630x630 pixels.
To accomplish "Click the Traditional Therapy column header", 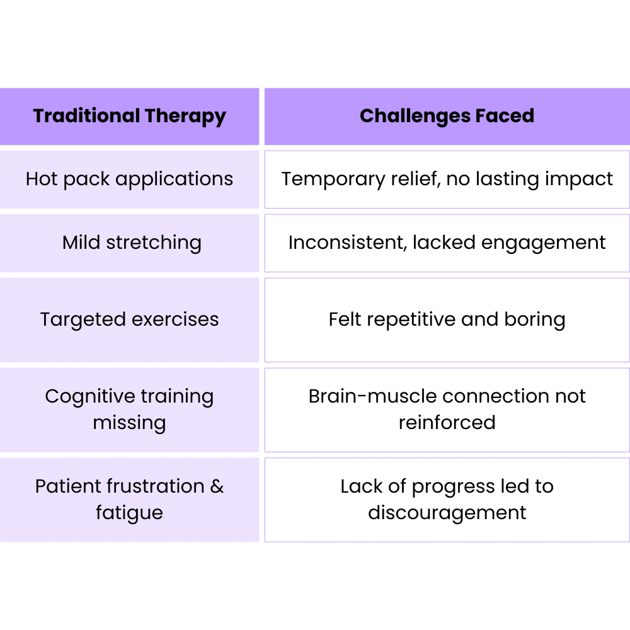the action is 129,116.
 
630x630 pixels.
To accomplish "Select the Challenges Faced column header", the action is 447,116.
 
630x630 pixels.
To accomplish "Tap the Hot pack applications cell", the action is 129,179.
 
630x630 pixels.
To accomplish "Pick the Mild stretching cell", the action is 129,243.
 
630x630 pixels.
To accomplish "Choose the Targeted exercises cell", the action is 129,320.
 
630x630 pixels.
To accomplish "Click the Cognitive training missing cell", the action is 129,410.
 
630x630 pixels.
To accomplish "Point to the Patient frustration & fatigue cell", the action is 129,500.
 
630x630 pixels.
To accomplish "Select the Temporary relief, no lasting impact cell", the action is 447,179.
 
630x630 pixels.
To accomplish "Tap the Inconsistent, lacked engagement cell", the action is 447,243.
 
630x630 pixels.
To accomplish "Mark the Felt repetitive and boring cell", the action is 447,320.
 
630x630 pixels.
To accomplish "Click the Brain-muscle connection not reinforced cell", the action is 447,410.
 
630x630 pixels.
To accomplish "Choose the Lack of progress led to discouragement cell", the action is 447,500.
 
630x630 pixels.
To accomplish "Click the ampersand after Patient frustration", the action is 217,486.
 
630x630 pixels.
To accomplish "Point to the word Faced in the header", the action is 505,116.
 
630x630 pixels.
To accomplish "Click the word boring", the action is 535,320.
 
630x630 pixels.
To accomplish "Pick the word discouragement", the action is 447,513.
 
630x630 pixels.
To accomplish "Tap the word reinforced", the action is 447,422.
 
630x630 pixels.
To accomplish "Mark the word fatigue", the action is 129,513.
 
